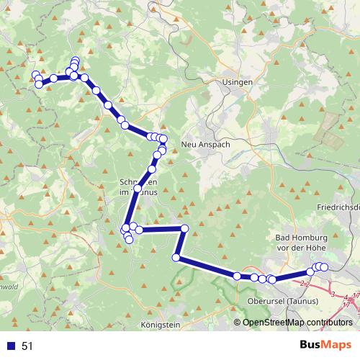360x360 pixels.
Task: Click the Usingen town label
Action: tap(238, 83)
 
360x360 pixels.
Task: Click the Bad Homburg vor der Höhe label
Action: tap(302, 243)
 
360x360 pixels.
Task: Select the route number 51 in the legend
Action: tap(27, 346)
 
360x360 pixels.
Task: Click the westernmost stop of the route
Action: tap(35, 75)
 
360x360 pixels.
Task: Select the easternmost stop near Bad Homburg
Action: tap(324, 266)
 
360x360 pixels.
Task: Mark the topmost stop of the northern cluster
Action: tap(75, 60)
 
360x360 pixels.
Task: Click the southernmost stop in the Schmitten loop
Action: tap(130, 240)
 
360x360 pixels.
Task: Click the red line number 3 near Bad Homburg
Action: tap(333, 294)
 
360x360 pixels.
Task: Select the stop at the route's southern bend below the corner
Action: tap(176, 257)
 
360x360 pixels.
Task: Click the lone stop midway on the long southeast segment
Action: tap(237, 275)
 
